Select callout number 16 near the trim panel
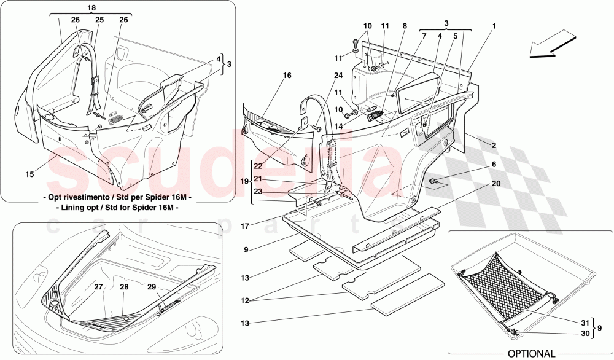pos(287,76)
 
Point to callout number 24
pos(338,76)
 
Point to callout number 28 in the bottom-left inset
pos(124,287)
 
